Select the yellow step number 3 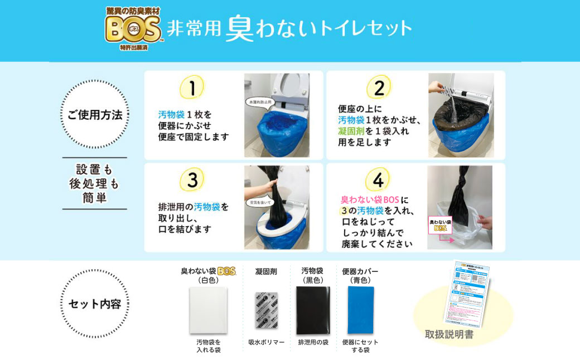[192, 180]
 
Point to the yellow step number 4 [378, 180]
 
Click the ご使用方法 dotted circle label [94, 115]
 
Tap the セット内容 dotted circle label [94, 304]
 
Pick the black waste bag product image [312, 310]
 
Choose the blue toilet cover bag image [360, 310]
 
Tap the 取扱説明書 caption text [449, 334]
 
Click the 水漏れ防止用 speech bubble [260, 102]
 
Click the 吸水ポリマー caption [266, 342]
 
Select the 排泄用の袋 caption [312, 342]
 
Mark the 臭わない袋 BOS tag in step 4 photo [441, 225]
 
